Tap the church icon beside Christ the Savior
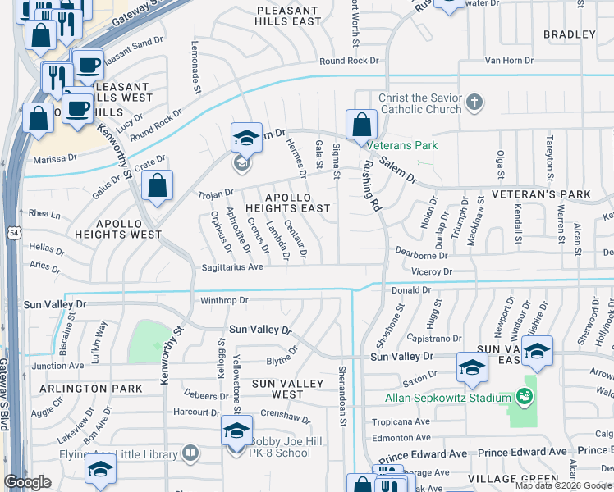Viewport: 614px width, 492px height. [x=473, y=103]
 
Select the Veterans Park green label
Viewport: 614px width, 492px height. [x=402, y=145]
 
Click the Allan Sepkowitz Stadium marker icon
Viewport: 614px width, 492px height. [x=524, y=398]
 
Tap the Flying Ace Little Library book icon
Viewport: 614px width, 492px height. [x=190, y=452]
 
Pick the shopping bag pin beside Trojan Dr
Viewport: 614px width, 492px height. [x=158, y=185]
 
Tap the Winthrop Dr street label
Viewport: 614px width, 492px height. [x=224, y=301]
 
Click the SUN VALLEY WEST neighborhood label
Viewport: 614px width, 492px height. [x=277, y=389]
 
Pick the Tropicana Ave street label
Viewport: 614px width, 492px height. [x=401, y=421]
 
